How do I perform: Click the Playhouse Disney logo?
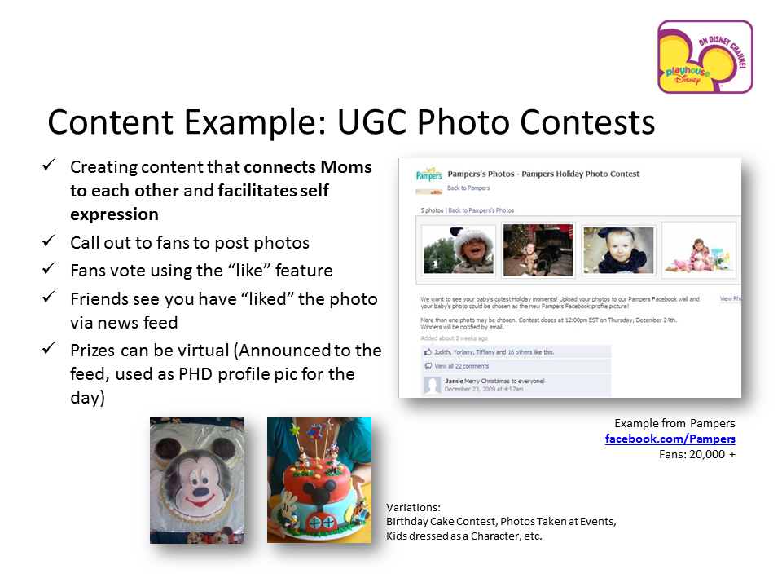click(x=705, y=57)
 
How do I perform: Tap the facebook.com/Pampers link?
click(x=670, y=439)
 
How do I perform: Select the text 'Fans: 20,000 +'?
click(x=696, y=454)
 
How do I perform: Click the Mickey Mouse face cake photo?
click(x=196, y=480)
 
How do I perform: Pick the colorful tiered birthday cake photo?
click(x=319, y=480)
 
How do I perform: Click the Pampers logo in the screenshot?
click(x=428, y=175)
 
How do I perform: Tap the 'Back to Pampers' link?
click(x=468, y=188)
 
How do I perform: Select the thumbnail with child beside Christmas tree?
click(x=538, y=249)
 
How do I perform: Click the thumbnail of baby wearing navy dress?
click(x=617, y=249)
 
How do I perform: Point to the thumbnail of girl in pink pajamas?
click(x=698, y=249)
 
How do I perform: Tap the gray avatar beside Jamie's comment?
click(x=432, y=385)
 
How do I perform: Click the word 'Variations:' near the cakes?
click(x=413, y=507)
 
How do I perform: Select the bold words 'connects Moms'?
click(x=308, y=168)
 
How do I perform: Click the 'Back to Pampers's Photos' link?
click(x=481, y=210)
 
